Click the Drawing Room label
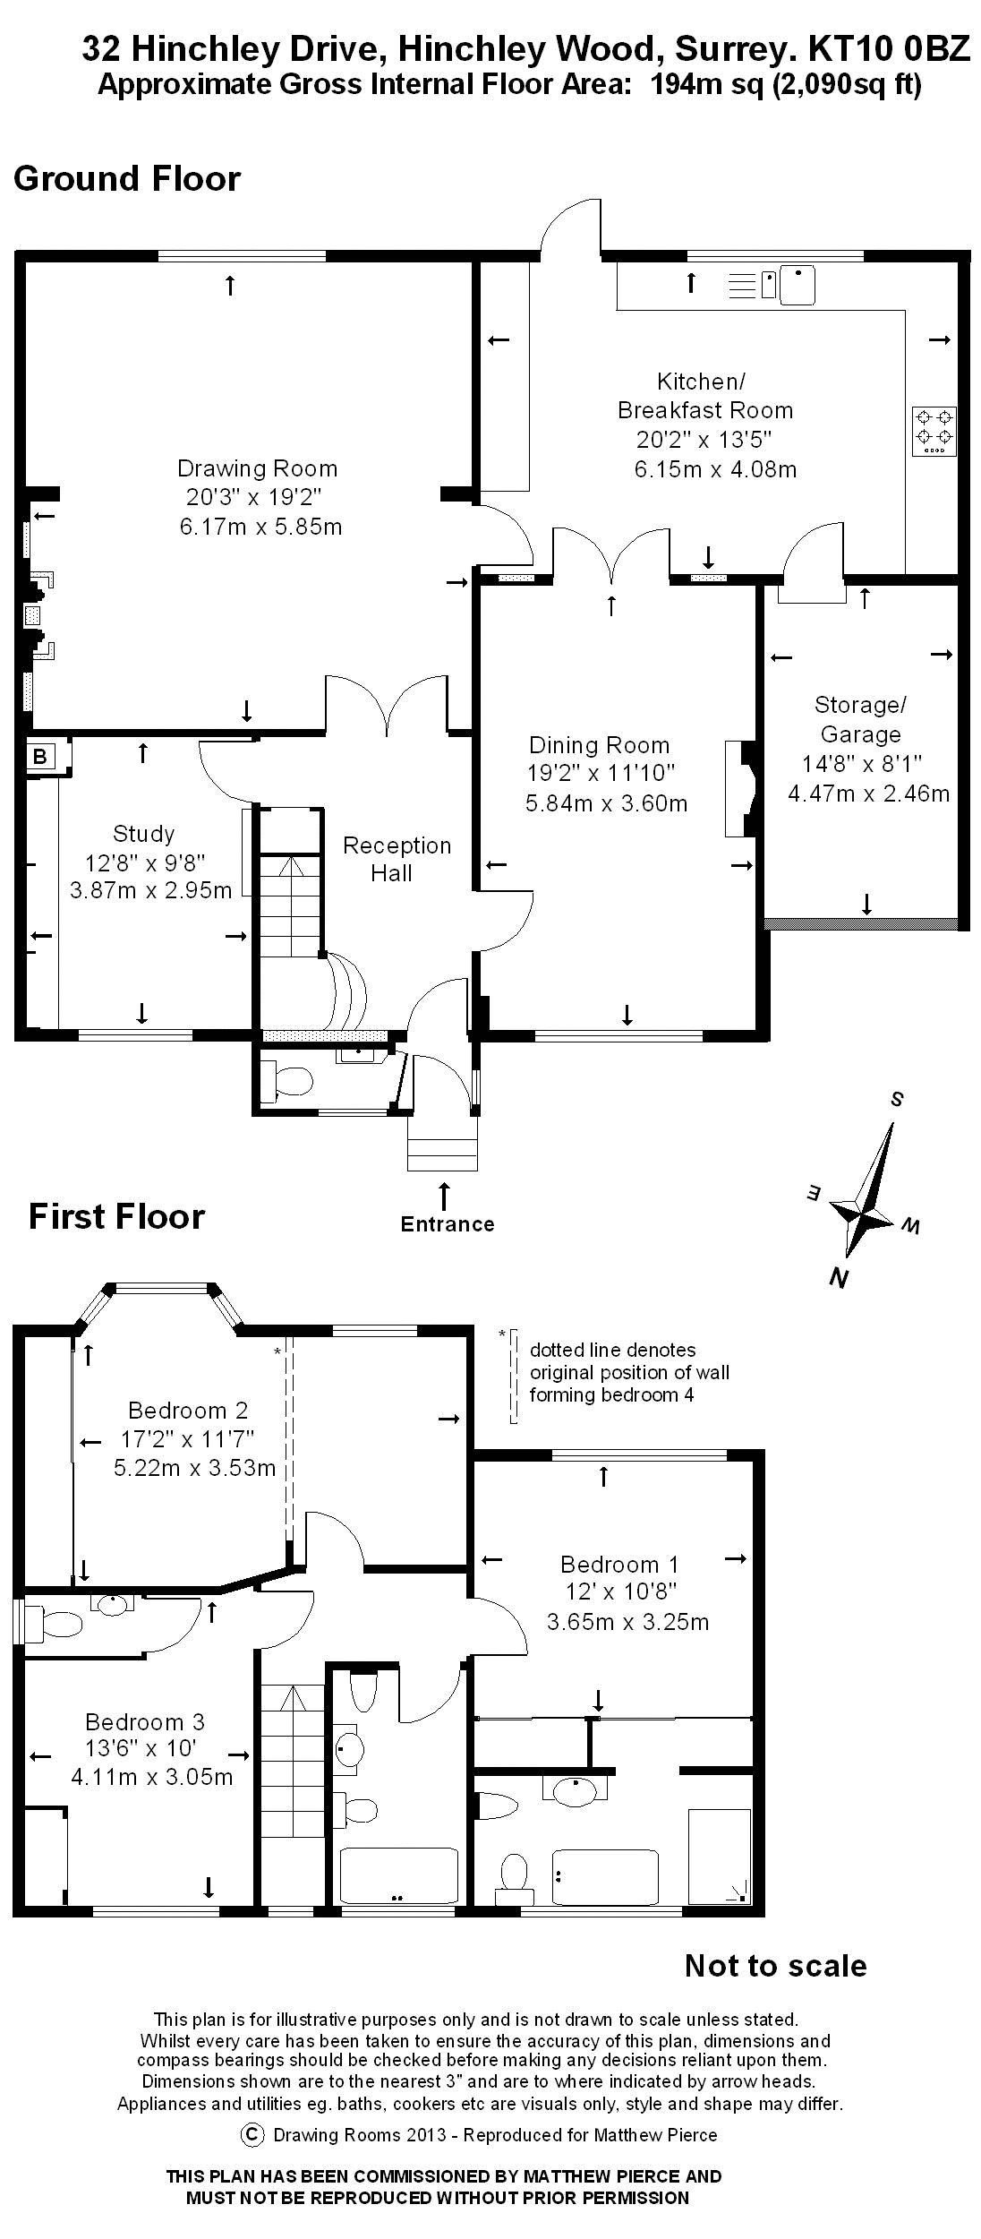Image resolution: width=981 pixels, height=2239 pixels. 257,468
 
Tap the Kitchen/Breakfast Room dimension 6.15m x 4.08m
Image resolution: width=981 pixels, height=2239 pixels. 715,469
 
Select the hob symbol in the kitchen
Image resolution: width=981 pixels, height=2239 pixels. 934,431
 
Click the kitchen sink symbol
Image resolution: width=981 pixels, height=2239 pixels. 797,285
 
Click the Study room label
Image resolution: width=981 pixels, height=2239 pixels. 143,835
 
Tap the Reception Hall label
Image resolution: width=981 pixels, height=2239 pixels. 397,859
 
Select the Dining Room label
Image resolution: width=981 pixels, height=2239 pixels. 599,745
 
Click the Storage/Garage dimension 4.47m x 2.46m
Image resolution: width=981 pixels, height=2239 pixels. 868,794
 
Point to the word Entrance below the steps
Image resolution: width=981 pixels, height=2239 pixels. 448,1224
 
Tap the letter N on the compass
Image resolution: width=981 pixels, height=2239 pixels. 839,1278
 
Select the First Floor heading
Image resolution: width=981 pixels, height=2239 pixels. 117,1216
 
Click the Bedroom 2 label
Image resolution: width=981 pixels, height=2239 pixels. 188,1411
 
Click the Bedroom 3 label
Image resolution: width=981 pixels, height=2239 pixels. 145,1721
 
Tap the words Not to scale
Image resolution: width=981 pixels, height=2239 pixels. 775,1966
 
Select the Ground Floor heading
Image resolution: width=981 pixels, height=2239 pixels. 127,178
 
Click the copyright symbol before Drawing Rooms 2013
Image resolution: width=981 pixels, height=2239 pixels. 254,2134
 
